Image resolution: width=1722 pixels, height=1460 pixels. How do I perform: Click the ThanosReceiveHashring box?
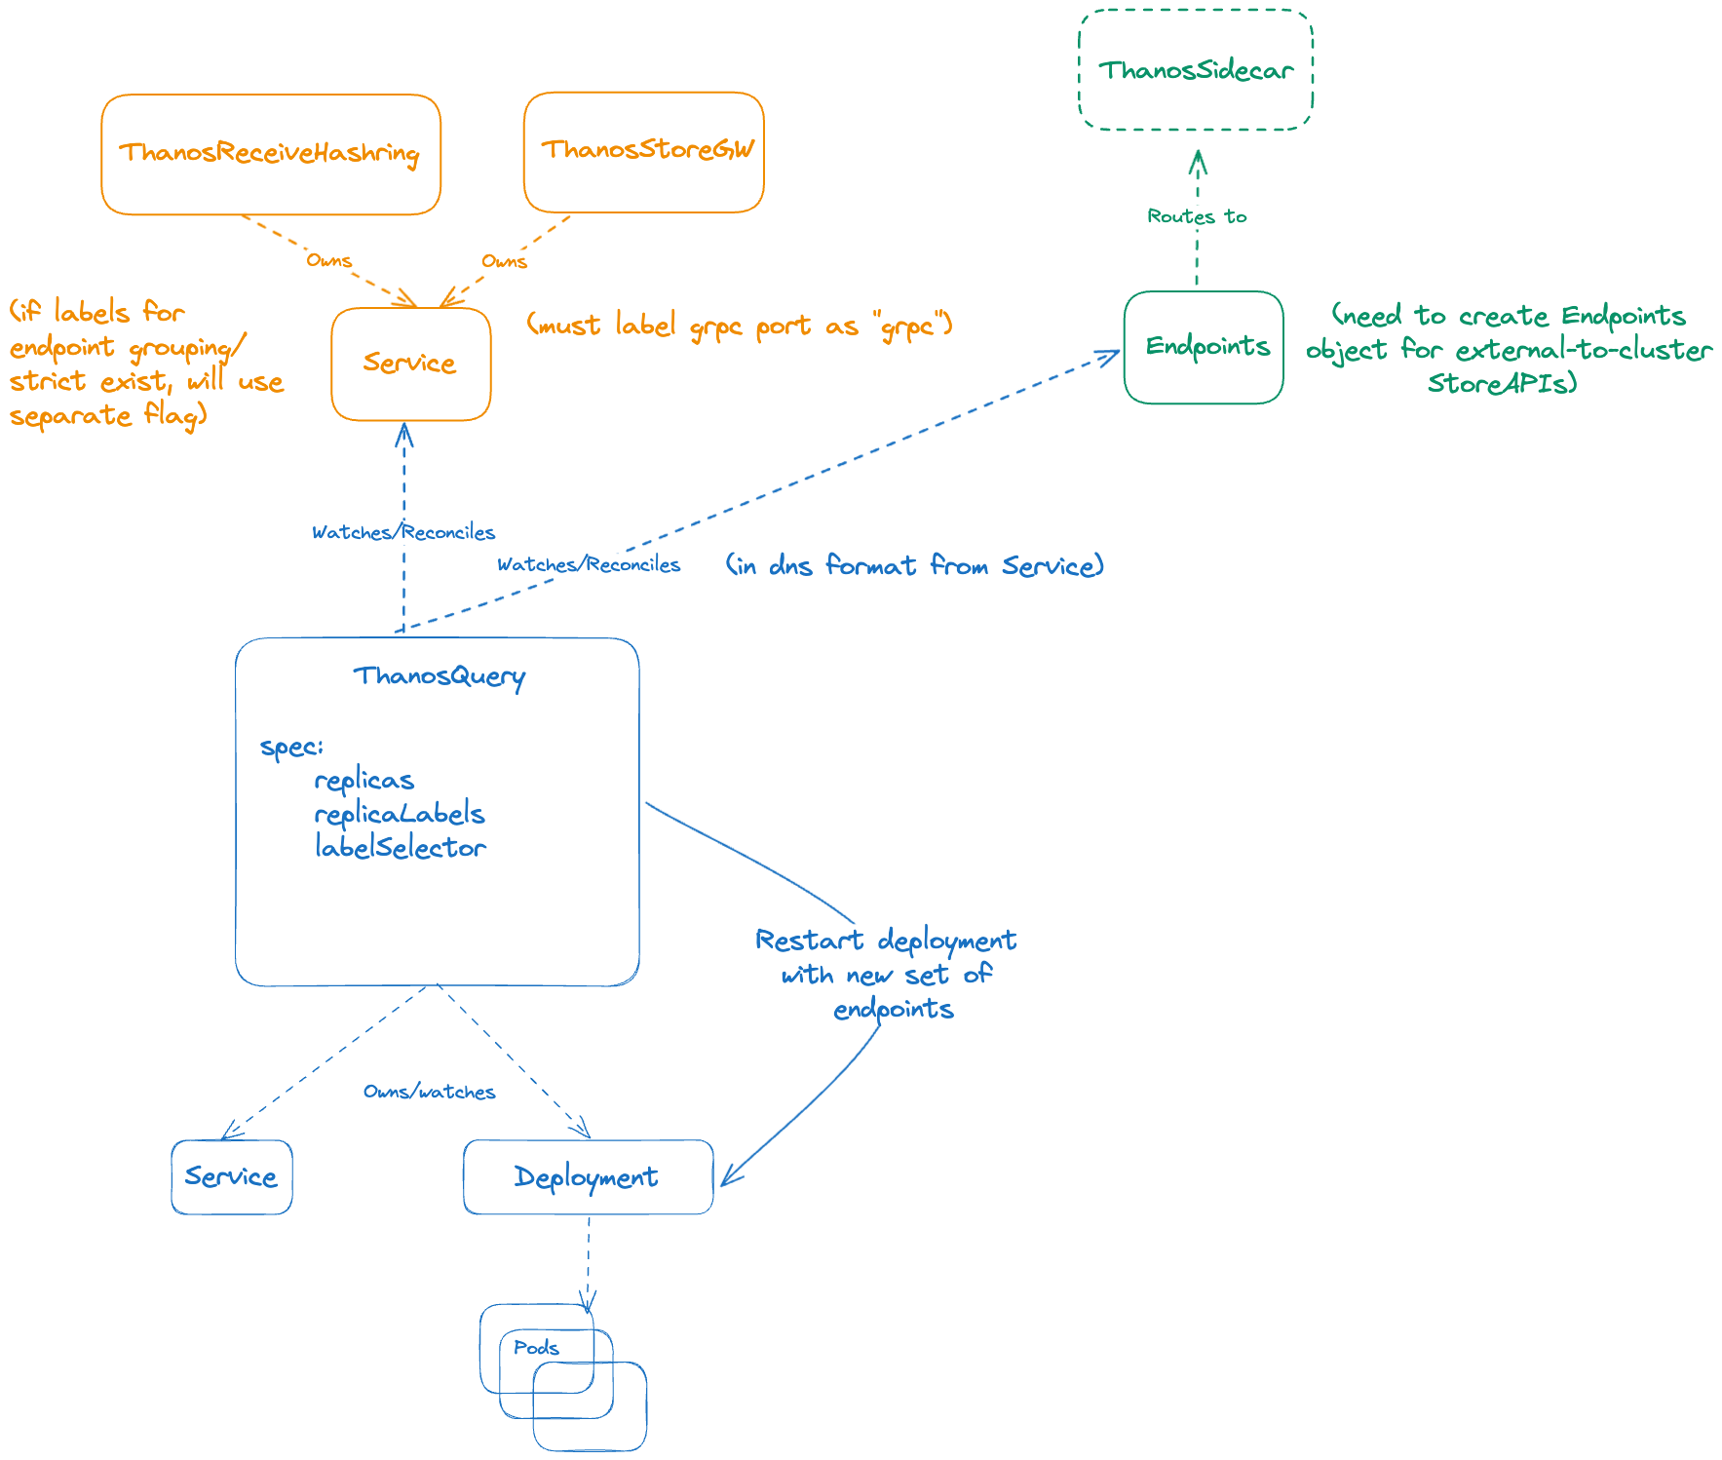[x=270, y=153]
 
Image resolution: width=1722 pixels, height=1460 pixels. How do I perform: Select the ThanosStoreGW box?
[x=644, y=151]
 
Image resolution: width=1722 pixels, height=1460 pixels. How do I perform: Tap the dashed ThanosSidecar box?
[x=1196, y=70]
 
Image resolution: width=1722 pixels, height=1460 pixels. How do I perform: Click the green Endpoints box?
[x=1205, y=347]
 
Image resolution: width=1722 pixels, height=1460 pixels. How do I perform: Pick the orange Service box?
[x=410, y=364]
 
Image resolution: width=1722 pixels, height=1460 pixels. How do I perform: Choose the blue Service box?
[x=231, y=1176]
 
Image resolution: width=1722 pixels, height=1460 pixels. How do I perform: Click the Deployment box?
[x=587, y=1176]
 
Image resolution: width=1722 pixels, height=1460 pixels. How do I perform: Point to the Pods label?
[x=536, y=1347]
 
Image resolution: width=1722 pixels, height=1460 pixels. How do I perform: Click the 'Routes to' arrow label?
[x=1197, y=216]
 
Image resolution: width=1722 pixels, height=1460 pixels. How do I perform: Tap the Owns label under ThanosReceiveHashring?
[x=328, y=260]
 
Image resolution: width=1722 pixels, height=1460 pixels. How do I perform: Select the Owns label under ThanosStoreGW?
[x=504, y=261]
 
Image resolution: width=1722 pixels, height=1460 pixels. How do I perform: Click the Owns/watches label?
[x=429, y=1092]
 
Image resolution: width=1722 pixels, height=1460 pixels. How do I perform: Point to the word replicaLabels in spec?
[x=399, y=814]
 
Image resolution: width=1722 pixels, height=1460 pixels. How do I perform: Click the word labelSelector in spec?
[x=400, y=848]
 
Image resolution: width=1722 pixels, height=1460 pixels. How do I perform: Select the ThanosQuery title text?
[x=439, y=675]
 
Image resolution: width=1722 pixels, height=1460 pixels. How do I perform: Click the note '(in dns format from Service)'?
[x=914, y=565]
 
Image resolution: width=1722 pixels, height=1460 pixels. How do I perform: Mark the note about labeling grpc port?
[x=740, y=326]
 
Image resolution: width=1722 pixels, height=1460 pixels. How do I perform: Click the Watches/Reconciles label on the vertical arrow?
[x=402, y=532]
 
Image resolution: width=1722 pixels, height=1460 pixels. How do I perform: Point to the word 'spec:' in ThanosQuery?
[x=290, y=748]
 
